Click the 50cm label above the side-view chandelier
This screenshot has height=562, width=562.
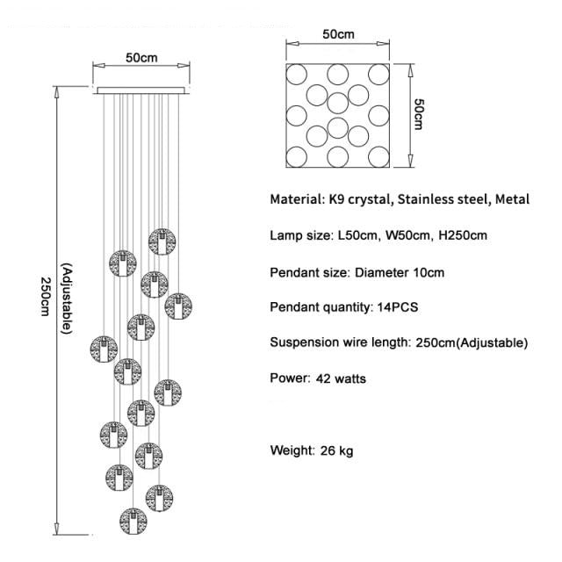coord(141,58)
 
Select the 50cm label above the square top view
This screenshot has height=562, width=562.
coord(338,35)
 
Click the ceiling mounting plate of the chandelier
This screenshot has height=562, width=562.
coord(140,89)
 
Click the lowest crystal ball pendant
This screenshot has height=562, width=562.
coord(133,521)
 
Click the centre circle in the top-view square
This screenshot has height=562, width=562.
coord(338,102)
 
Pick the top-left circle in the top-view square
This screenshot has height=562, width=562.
coord(296,73)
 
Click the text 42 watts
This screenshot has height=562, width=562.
coord(338,379)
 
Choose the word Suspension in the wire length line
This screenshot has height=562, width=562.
coord(303,342)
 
